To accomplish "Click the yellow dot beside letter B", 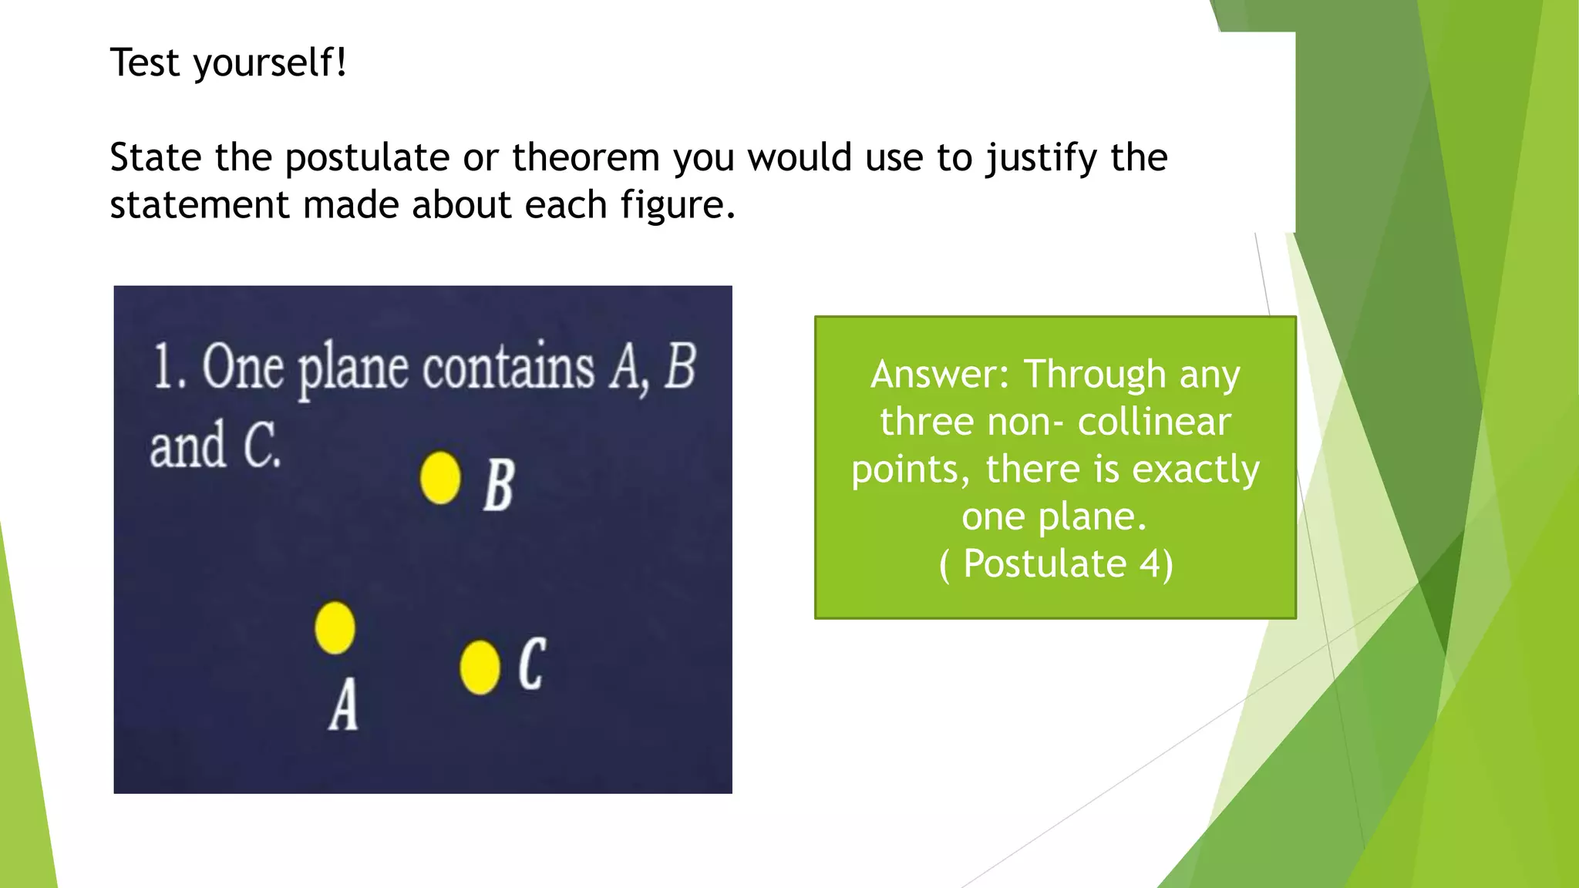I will click(x=440, y=478).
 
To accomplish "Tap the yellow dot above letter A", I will click(x=335, y=627).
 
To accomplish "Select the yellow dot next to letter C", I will click(x=480, y=667).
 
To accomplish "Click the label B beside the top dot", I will click(x=499, y=485).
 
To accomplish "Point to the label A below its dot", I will click(x=344, y=704).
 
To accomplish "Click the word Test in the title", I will click(x=145, y=62).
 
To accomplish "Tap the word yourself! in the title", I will click(x=271, y=62).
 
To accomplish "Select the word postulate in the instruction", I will click(x=367, y=158).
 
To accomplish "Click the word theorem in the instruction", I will click(x=586, y=158).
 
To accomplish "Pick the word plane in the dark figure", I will click(x=352, y=368).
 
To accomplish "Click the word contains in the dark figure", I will click(x=508, y=366).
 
